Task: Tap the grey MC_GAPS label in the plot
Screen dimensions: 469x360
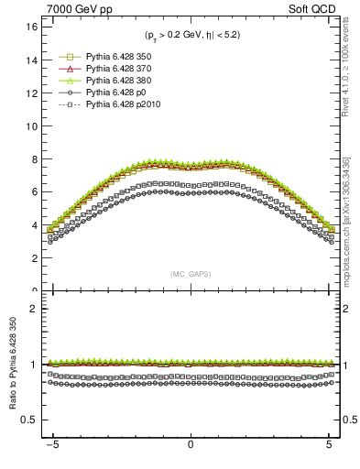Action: [x=191, y=274]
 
